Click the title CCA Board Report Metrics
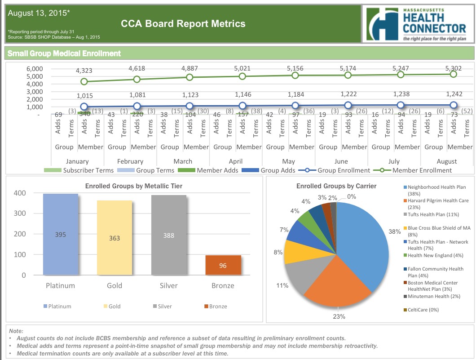183,24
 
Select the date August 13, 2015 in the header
39,13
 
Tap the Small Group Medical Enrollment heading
64,53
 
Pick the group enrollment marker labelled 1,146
242,106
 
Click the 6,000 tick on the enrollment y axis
34,69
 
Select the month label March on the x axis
183,161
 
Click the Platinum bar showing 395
61,234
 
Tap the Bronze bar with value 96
223,265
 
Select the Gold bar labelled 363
115,238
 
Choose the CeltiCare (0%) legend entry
423,310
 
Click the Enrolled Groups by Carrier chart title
336,186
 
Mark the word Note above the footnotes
16,331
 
